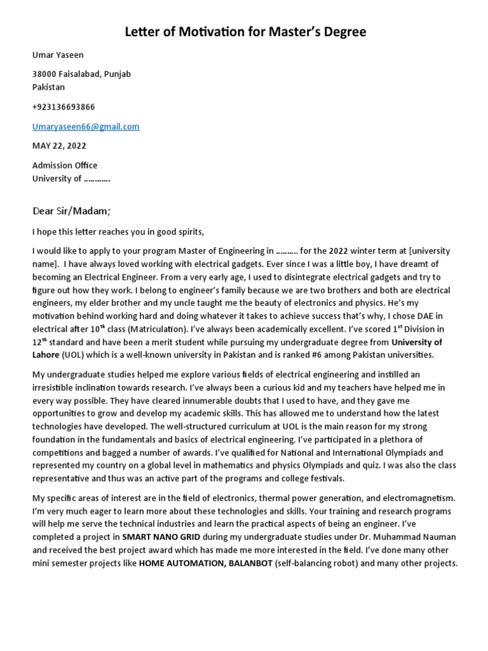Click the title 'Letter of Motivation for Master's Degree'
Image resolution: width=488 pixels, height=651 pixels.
tap(244, 31)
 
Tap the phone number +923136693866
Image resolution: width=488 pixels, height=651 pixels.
tap(64, 107)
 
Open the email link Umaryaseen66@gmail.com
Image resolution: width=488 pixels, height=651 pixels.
tap(86, 127)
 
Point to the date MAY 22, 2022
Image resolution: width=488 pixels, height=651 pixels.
tap(58, 146)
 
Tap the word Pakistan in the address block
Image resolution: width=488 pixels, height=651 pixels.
tap(49, 87)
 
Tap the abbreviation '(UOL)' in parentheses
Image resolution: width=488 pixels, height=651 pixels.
tap(71, 355)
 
